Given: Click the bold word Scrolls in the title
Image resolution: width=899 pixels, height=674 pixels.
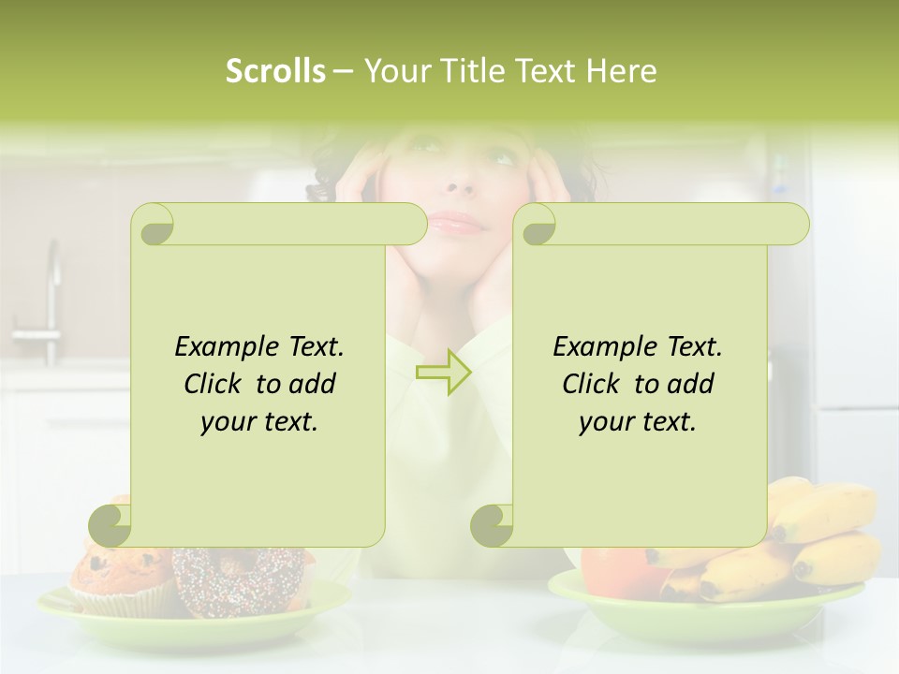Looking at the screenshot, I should [x=275, y=71].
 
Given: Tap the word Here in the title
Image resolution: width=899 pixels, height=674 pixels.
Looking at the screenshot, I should [x=622, y=71].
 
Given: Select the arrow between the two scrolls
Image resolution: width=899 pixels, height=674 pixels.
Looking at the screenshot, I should [x=444, y=372].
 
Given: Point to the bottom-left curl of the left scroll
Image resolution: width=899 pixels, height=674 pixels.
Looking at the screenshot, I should [x=111, y=524].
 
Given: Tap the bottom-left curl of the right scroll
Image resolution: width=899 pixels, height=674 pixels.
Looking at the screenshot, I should [x=492, y=524].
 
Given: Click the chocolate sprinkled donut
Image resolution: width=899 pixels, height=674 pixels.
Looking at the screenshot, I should [x=234, y=576].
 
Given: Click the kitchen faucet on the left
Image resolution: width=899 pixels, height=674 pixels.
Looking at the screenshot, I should [x=47, y=300].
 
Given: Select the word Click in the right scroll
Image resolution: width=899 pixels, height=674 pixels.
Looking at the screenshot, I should [x=591, y=385].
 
